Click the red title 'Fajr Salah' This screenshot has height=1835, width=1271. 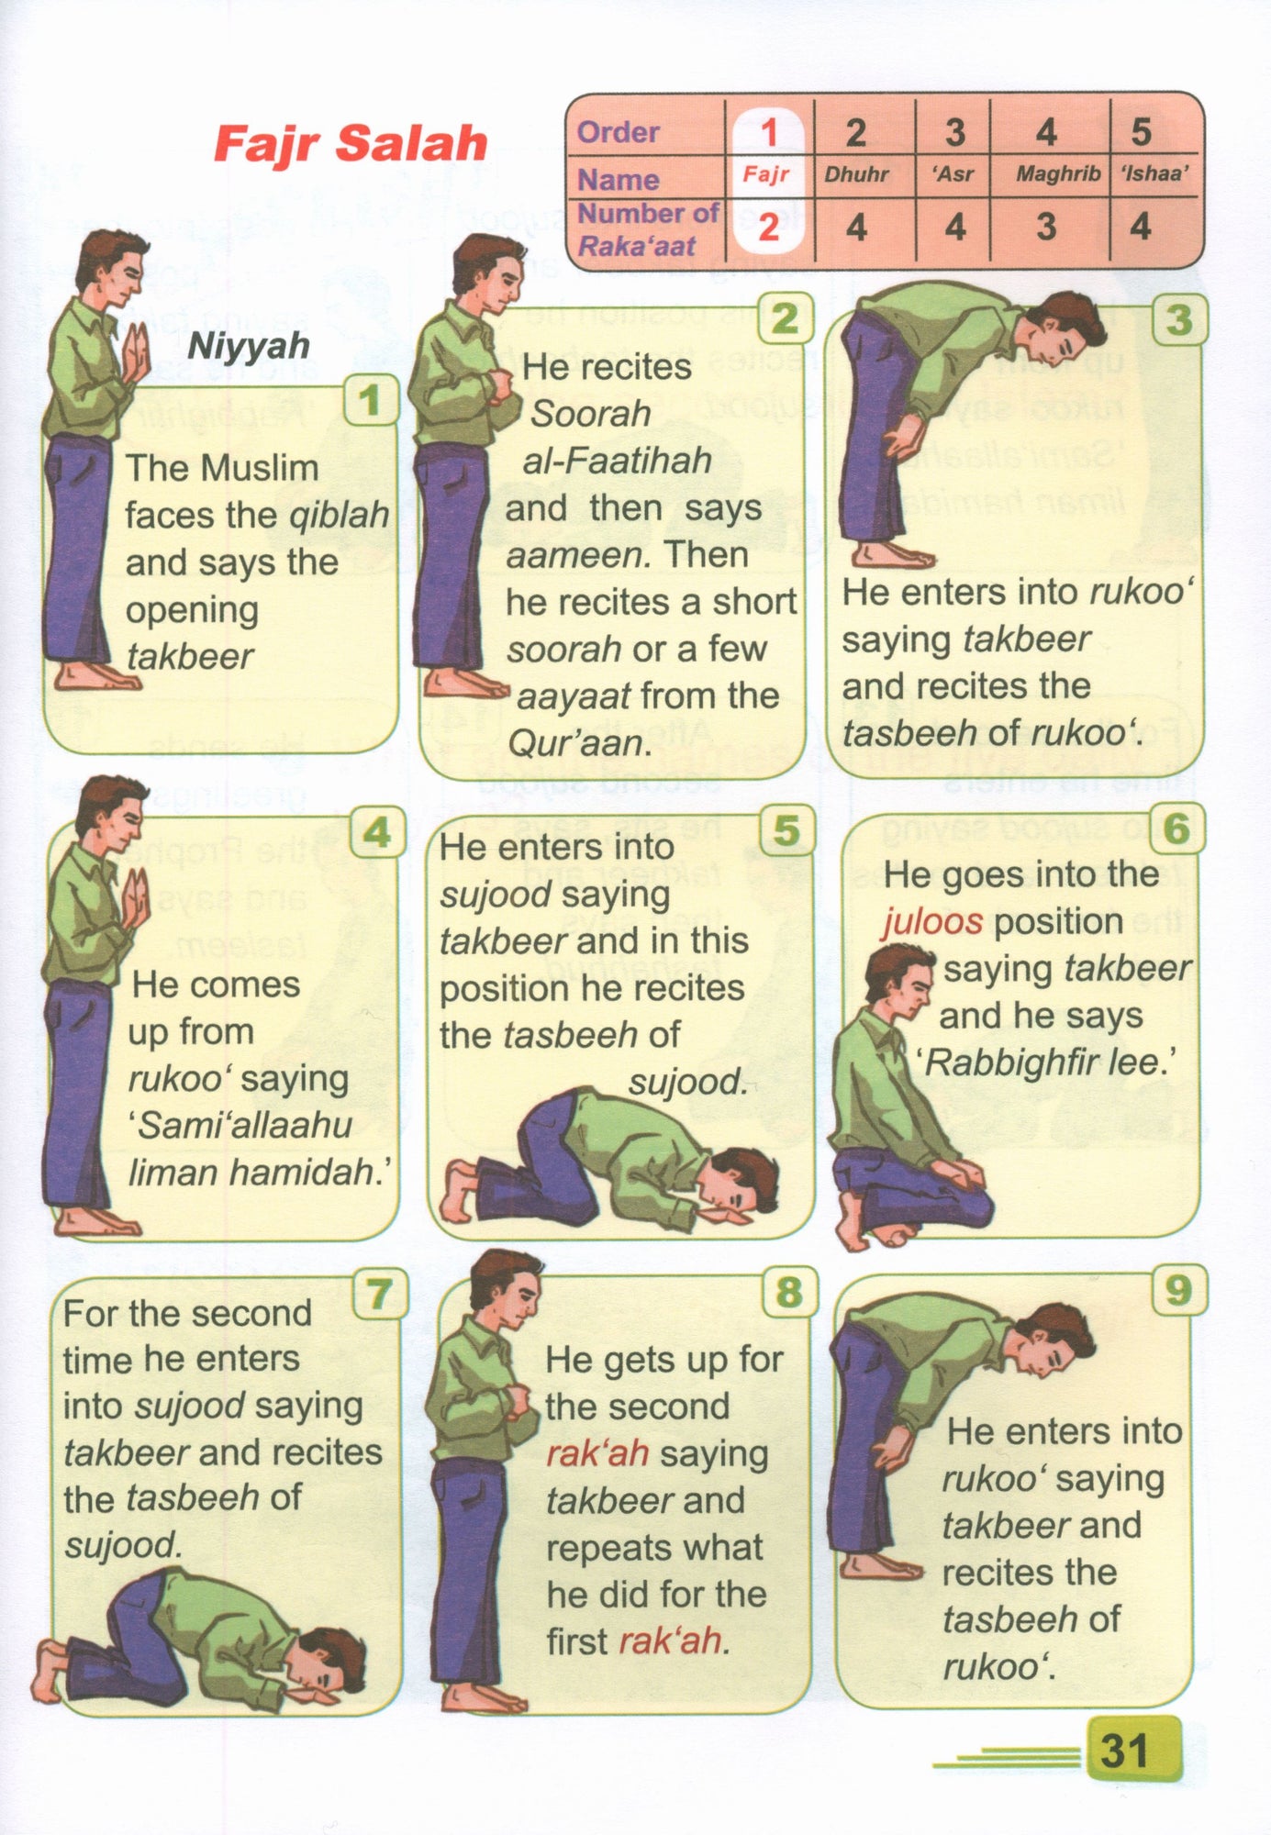coord(351,144)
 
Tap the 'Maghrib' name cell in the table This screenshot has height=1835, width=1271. coord(1057,173)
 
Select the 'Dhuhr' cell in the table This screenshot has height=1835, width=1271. coord(856,173)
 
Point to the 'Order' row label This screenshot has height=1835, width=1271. coord(618,132)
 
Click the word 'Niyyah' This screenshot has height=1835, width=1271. coord(249,347)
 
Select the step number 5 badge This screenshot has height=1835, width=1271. coord(786,830)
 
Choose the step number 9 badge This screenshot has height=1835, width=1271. coord(1177,1290)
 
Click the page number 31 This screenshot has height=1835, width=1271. coord(1124,1750)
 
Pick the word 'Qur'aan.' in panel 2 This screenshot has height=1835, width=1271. coord(578,743)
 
